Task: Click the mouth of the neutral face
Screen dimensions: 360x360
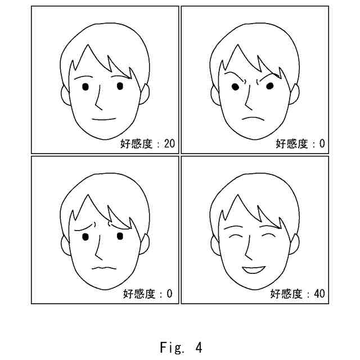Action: [103, 119]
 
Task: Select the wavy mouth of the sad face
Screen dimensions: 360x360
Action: [103, 268]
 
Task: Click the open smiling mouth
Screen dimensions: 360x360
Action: [253, 269]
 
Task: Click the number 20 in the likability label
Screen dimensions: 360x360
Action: [169, 144]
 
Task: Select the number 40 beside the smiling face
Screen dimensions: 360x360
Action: [319, 294]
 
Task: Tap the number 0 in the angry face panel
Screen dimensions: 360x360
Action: [322, 144]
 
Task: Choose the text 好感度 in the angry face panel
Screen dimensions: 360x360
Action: [291, 144]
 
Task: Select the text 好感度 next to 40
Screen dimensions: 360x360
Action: [286, 294]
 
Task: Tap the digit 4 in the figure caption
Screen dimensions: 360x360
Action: [198, 347]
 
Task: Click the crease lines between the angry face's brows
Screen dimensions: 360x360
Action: [256, 82]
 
